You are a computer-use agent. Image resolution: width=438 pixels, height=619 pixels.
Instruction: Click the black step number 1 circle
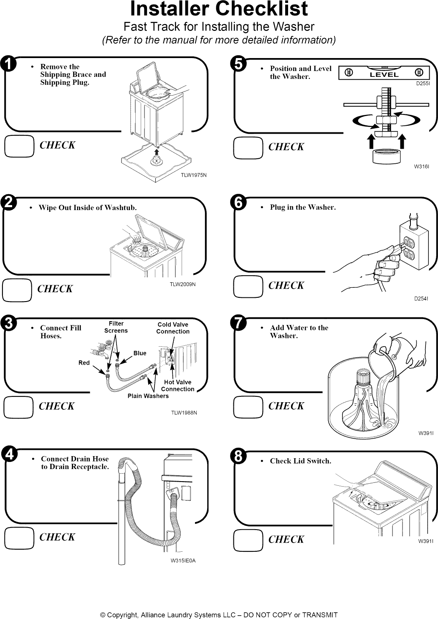[x=9, y=64]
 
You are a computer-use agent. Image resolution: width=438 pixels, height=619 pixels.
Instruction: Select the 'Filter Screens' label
[x=116, y=327]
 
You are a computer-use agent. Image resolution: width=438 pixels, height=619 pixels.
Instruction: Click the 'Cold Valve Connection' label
[x=173, y=328]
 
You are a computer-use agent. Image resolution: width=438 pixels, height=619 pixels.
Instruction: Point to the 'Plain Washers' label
[x=148, y=396]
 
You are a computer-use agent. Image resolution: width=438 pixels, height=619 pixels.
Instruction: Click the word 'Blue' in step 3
[x=140, y=353]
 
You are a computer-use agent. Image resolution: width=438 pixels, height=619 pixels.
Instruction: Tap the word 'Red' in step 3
[x=84, y=363]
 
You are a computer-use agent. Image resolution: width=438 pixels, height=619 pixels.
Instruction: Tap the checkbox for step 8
[x=248, y=540]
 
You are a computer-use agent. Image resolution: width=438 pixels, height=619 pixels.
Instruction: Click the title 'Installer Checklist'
[x=219, y=9]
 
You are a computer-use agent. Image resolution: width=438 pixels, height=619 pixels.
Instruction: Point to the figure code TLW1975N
[x=194, y=175]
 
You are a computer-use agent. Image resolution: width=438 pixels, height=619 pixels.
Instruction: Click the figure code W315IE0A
[x=183, y=561]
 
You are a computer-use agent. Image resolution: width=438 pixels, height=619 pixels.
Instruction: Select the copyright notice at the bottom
[x=219, y=615]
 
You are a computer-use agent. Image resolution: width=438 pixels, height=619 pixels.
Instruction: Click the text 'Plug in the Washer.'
[x=303, y=208]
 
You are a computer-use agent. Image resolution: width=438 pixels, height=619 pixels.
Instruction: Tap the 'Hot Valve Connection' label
[x=178, y=386]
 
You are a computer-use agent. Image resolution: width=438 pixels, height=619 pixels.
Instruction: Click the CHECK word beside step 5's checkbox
[x=286, y=147]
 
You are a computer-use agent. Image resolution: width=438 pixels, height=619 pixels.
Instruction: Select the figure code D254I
[x=422, y=299]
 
